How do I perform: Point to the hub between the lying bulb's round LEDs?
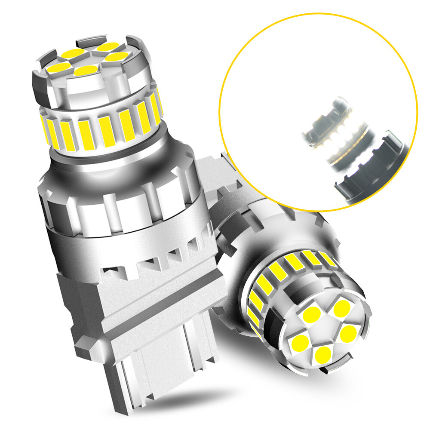(x=326, y=330)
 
